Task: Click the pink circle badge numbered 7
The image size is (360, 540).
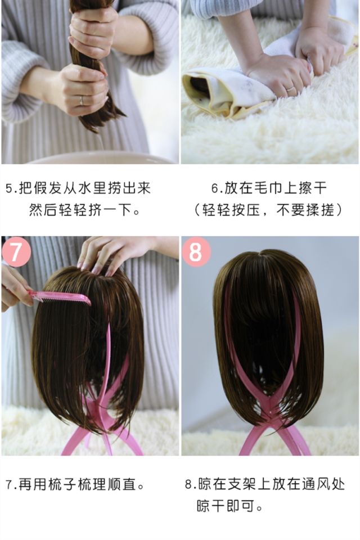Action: point(16,252)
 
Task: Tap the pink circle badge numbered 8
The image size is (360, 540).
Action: point(196,252)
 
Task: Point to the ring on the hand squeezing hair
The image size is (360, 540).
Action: point(82,100)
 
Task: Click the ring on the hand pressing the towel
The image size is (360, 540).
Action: point(290,89)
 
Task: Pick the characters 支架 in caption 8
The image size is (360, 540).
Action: point(242,484)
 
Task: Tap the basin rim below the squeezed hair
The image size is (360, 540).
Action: point(100,157)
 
